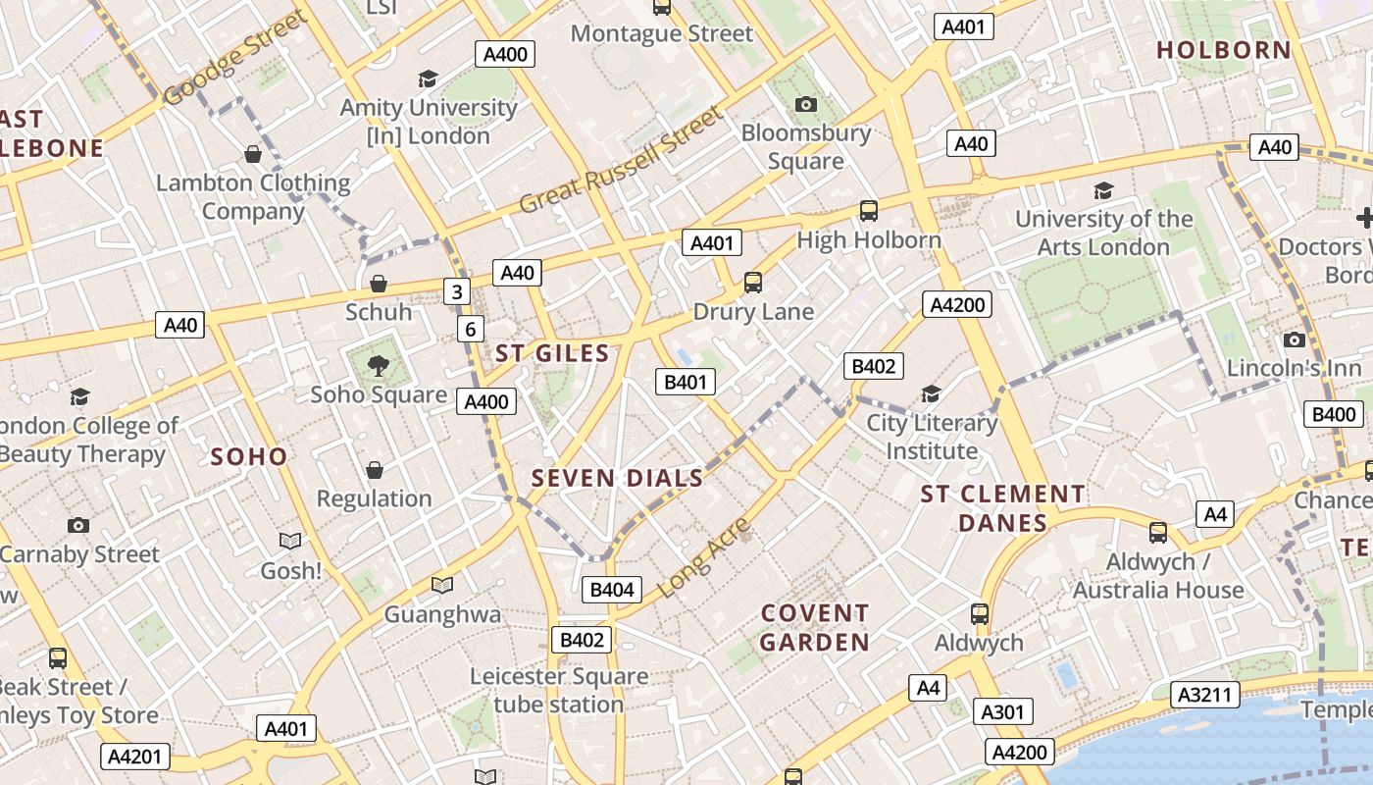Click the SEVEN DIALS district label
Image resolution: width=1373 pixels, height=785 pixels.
pos(617,478)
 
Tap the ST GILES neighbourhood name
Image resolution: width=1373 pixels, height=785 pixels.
pos(552,353)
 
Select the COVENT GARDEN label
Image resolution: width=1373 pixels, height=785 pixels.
pos(815,628)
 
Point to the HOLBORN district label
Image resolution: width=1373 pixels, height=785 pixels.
pos(1223,50)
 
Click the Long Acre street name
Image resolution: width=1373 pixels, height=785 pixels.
pos(705,557)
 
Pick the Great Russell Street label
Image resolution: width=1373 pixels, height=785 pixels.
pos(620,160)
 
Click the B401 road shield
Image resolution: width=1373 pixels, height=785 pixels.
pos(685,382)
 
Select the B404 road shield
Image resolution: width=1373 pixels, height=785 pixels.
pos(612,590)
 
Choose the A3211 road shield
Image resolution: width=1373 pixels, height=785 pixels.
pos(1203,695)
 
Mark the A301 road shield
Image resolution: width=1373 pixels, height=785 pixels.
pos(1002,711)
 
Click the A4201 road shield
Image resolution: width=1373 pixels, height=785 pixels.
pos(135,757)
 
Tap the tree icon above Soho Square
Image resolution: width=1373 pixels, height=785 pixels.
pos(378,367)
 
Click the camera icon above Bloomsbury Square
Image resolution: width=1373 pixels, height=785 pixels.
pos(805,104)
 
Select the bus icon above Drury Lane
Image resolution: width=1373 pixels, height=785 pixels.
pos(752,283)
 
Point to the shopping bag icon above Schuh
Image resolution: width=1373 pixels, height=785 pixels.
pos(379,285)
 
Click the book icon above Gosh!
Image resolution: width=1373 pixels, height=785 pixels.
pos(290,541)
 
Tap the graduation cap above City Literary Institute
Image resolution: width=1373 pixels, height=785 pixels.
pos(931,394)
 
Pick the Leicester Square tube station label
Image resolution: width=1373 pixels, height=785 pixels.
pos(558,690)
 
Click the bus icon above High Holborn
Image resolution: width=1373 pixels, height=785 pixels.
pos(868,210)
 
